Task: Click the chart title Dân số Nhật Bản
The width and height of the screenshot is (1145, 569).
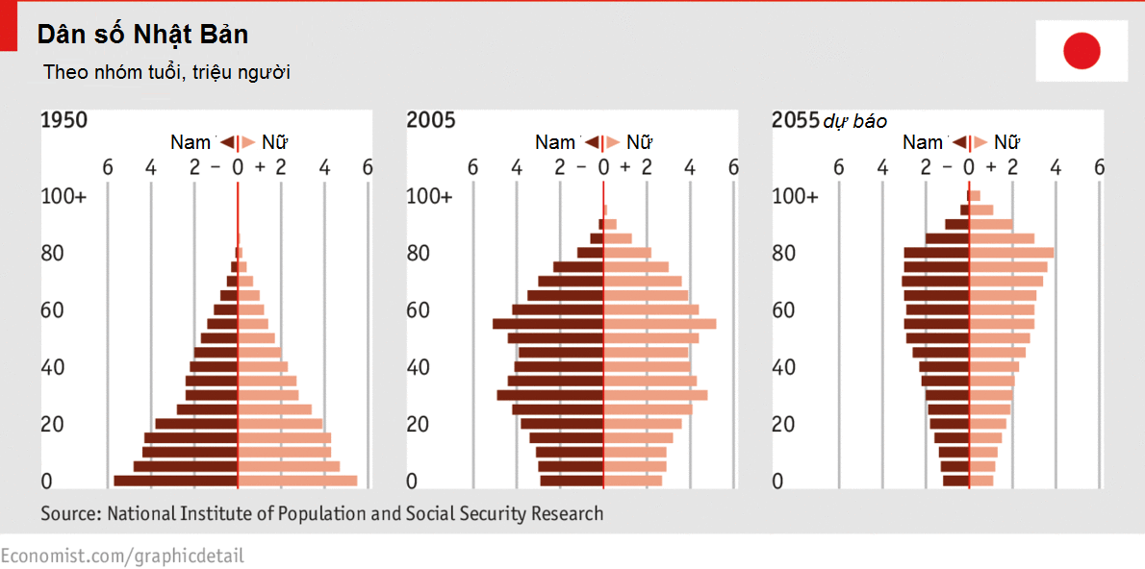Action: pyautogui.click(x=142, y=36)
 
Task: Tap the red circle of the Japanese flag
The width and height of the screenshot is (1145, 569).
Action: pyautogui.click(x=1081, y=51)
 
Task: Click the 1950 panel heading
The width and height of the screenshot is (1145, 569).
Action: pyautogui.click(x=64, y=120)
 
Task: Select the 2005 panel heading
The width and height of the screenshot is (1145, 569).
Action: pyautogui.click(x=430, y=120)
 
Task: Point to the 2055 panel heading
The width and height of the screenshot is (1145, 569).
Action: pyautogui.click(x=795, y=120)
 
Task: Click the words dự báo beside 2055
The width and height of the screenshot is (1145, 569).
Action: pyautogui.click(x=855, y=121)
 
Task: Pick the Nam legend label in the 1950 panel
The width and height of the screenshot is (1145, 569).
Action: pyautogui.click(x=191, y=142)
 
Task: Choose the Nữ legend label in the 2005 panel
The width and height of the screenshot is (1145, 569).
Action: pyautogui.click(x=640, y=142)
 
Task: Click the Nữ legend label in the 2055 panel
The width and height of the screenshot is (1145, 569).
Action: pyautogui.click(x=1006, y=142)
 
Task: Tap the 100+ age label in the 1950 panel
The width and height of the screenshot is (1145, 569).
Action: pyautogui.click(x=64, y=196)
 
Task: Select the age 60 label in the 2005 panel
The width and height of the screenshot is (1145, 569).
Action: pyautogui.click(x=418, y=310)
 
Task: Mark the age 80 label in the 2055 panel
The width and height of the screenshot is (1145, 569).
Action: pyautogui.click(x=783, y=254)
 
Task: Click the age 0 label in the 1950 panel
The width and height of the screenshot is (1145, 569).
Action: pyautogui.click(x=46, y=481)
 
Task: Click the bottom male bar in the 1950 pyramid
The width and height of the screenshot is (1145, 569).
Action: pyautogui.click(x=175, y=481)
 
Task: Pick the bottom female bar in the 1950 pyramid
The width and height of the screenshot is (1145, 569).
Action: pyautogui.click(x=297, y=481)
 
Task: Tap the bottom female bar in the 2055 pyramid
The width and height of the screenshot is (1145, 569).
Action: pyautogui.click(x=981, y=481)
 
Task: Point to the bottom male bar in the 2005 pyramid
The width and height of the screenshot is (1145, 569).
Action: pyautogui.click(x=572, y=481)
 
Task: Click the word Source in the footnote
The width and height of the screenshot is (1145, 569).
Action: pyautogui.click(x=69, y=514)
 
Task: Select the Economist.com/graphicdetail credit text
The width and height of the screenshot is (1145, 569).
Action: pyautogui.click(x=122, y=556)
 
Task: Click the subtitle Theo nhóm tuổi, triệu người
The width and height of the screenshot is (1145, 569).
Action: pyautogui.click(x=166, y=72)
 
